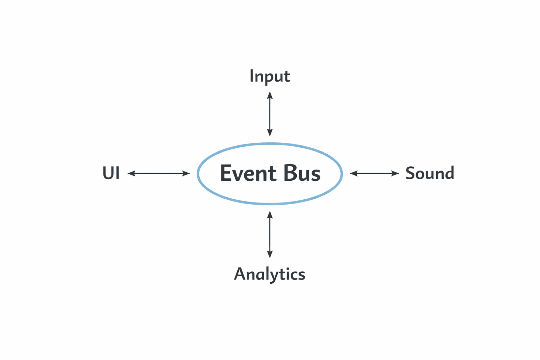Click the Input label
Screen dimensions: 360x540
(x=270, y=76)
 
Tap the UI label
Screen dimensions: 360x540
(x=111, y=173)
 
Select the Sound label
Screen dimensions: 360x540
(x=430, y=173)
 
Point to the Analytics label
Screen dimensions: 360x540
(x=270, y=274)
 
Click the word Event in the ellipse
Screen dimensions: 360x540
(x=248, y=173)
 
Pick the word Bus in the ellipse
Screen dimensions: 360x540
(x=302, y=173)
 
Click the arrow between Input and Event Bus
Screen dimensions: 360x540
(x=270, y=114)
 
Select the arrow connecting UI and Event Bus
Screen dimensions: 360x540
(x=159, y=173)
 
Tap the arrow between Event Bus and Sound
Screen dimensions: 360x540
(x=374, y=173)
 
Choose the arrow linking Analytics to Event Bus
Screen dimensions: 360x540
(x=270, y=234)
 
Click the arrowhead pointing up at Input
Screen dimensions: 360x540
(x=270, y=95)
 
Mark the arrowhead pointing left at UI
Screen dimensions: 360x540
(x=131, y=173)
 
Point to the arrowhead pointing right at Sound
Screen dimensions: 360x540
(x=396, y=173)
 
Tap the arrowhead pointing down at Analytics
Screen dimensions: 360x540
(x=270, y=255)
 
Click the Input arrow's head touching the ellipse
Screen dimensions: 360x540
(x=270, y=133)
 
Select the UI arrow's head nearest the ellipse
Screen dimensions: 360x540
(x=186, y=173)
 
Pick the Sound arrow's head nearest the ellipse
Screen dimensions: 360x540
(x=353, y=173)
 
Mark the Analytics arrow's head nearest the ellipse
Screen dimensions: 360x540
(x=270, y=214)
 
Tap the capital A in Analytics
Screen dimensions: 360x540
(x=239, y=274)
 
